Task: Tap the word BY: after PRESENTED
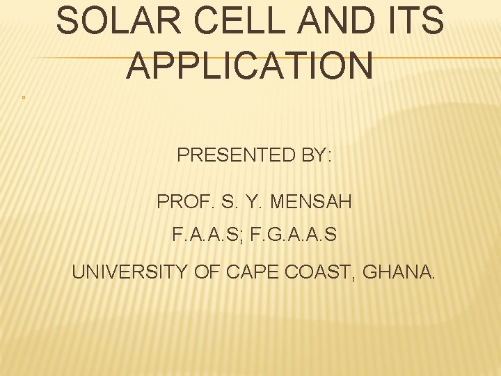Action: [x=317, y=155]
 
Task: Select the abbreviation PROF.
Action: [x=180, y=202]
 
